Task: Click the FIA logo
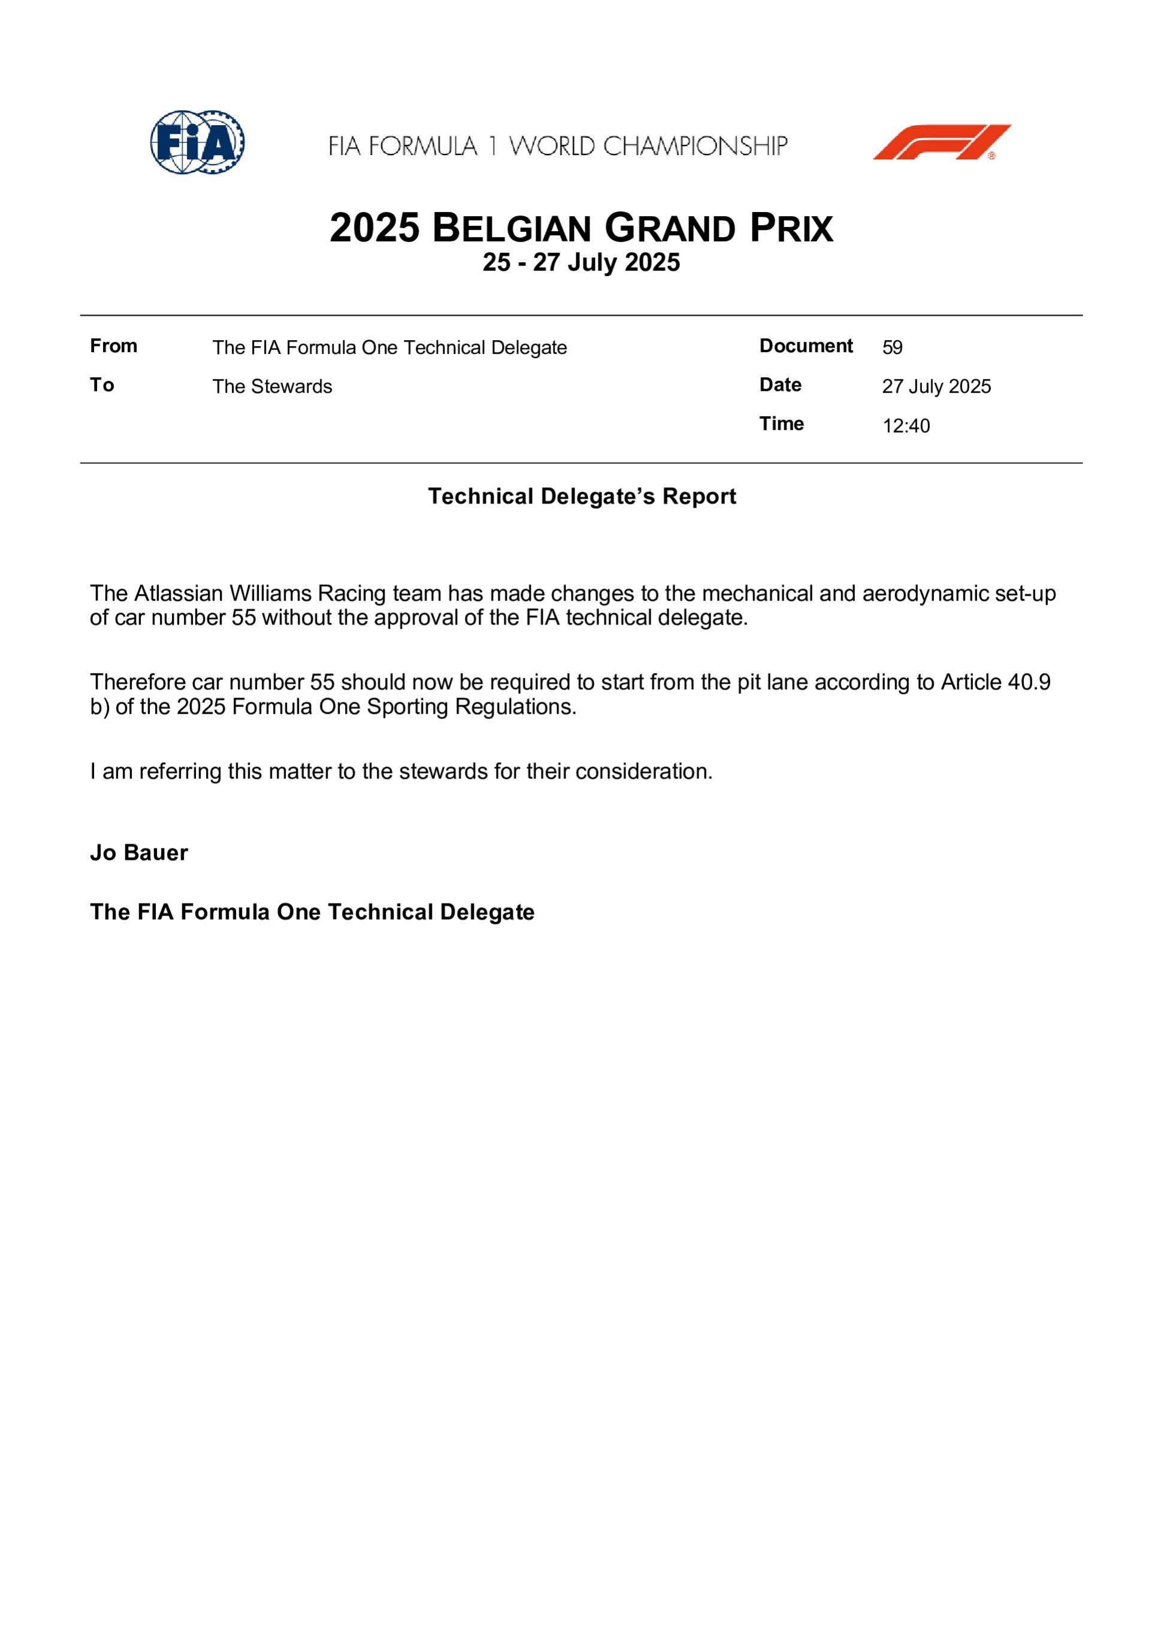click(197, 142)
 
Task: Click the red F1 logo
click(942, 142)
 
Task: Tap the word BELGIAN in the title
click(512, 229)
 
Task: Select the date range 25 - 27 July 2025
click(581, 262)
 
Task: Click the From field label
click(113, 346)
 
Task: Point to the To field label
click(102, 385)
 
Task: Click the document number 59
click(892, 348)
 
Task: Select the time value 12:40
click(906, 426)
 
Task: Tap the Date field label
click(781, 385)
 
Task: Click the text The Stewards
click(272, 386)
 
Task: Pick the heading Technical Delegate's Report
click(582, 496)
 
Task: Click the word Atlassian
click(179, 593)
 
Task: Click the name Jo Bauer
click(139, 853)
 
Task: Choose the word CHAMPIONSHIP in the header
click(695, 146)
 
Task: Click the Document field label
click(806, 346)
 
